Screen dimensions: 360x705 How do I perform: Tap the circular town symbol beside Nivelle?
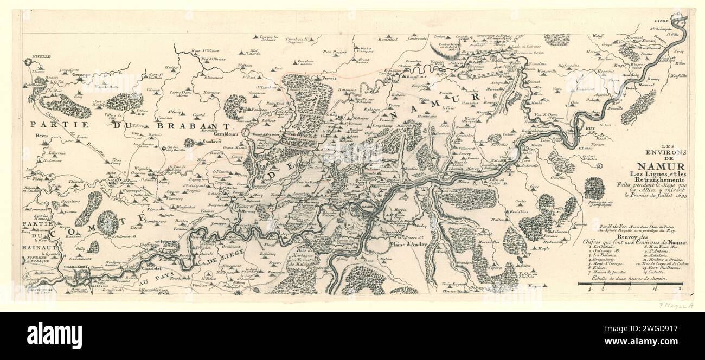coord(28,63)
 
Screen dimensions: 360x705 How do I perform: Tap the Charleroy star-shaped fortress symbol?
coord(81,277)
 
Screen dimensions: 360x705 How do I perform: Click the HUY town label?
coord(591,127)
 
